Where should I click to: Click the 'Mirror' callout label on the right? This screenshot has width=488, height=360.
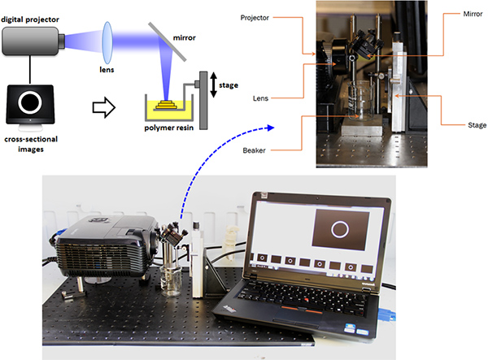coord(460,15)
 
